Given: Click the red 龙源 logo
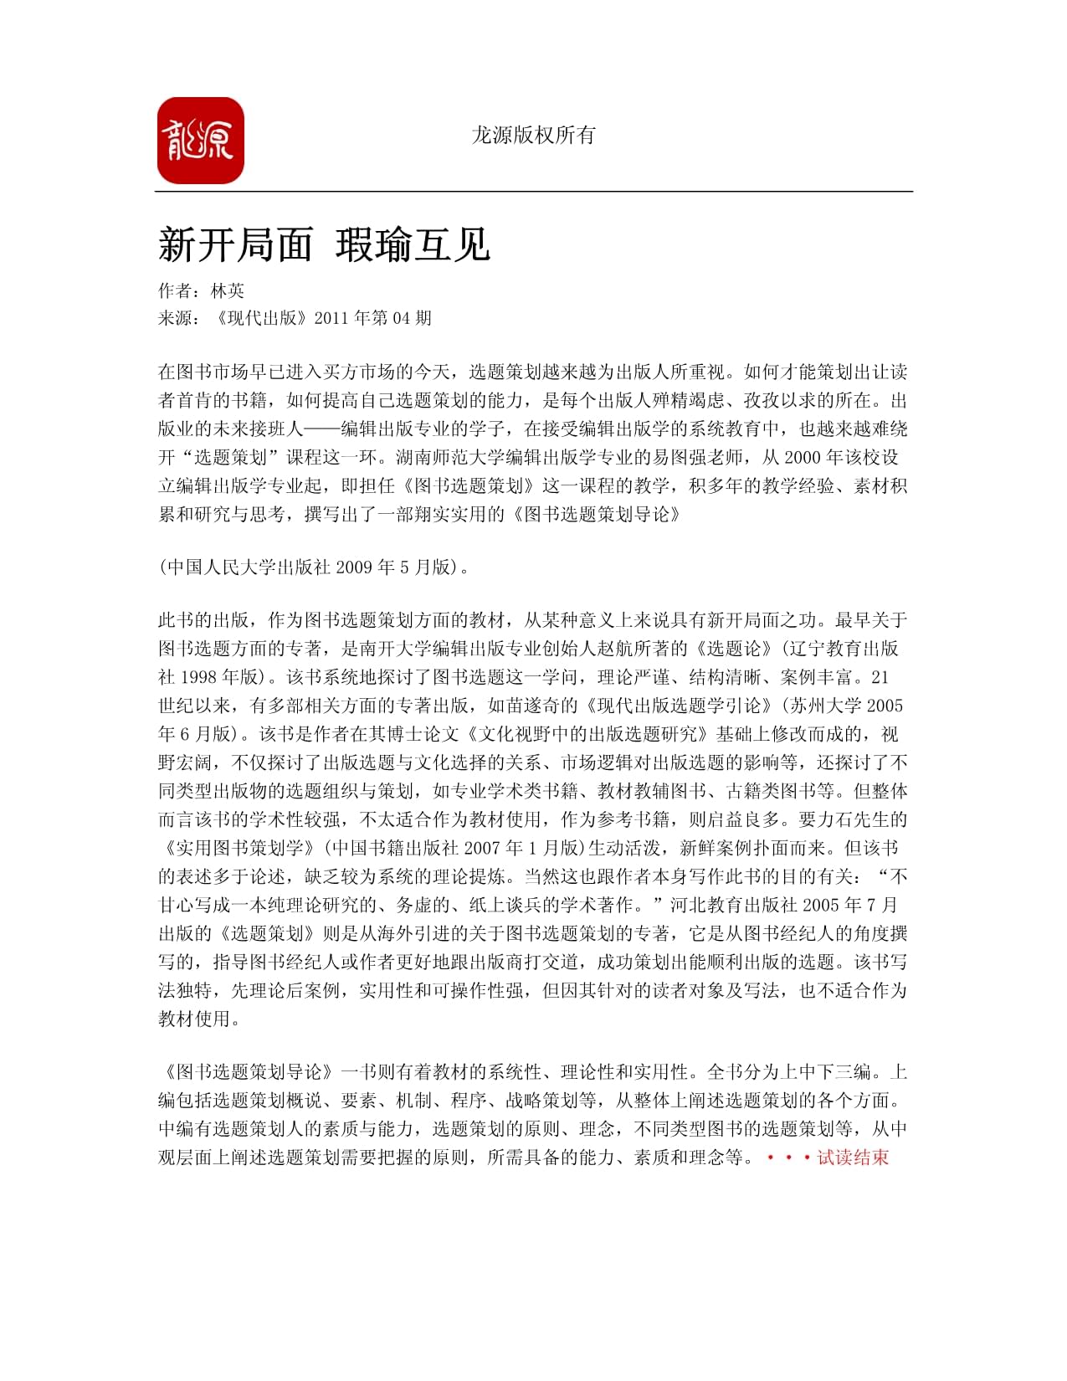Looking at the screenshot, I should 200,141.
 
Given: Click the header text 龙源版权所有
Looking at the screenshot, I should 533,135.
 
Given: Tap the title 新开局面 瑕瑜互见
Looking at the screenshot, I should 324,245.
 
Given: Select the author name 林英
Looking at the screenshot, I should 228,290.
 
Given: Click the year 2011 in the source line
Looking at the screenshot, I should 331,318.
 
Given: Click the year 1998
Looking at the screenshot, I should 198,677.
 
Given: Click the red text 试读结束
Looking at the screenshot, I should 853,1158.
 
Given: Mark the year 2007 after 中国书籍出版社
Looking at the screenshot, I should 482,848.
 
